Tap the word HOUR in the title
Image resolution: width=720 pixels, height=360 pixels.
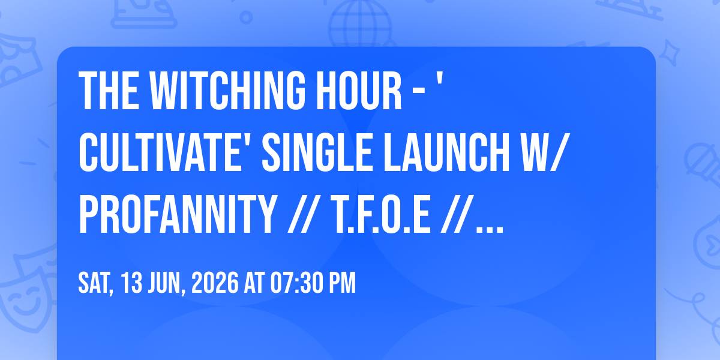pos(359,91)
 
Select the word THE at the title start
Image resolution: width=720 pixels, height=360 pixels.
pos(109,91)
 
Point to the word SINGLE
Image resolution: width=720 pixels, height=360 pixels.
pos(317,153)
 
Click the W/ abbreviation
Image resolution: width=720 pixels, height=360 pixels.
pos(545,153)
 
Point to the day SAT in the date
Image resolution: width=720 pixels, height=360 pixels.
pos(96,283)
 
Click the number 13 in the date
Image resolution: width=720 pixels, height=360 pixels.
pos(131,283)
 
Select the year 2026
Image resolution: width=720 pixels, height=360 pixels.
pos(215,283)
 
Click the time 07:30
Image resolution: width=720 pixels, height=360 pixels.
pos(296,283)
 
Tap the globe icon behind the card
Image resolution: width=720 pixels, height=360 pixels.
pos(360,23)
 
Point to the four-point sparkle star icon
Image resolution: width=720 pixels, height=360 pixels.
pos(669,52)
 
